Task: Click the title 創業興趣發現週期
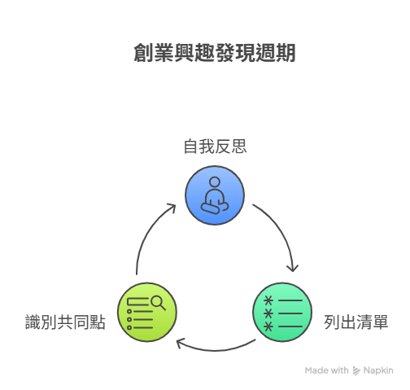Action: [x=215, y=53]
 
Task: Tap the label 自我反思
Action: [x=216, y=147]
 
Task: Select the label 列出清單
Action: [x=356, y=322]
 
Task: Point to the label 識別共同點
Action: [x=65, y=322]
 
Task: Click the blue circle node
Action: [x=215, y=195]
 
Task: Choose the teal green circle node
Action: [x=282, y=312]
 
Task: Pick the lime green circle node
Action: [x=147, y=312]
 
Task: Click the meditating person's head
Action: [x=215, y=182]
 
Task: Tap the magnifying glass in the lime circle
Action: [x=159, y=303]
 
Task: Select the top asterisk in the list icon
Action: [x=268, y=300]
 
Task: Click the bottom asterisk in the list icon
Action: [x=268, y=326]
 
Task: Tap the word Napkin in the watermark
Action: [x=378, y=370]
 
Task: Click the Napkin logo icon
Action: [x=356, y=370]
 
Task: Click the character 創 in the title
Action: [x=143, y=53]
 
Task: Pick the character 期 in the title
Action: [x=286, y=53]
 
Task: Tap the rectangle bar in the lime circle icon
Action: [x=137, y=301]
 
